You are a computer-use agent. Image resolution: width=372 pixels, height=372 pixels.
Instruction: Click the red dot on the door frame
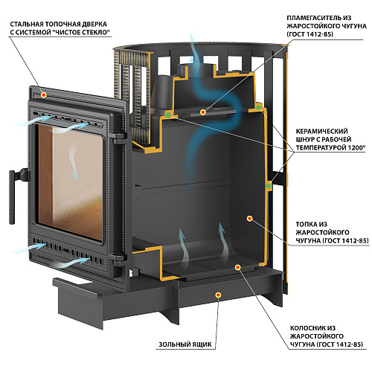coord(44,94)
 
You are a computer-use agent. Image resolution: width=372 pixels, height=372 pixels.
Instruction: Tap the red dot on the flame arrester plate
coord(203,112)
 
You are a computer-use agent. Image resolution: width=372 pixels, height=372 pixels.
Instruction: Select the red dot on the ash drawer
coord(218,295)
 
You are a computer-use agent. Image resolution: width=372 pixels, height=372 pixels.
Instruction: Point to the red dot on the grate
coord(238,267)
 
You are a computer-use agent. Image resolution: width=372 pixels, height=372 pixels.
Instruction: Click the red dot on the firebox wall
coord(250,219)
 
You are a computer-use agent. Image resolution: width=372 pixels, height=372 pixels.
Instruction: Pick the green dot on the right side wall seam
coord(269,186)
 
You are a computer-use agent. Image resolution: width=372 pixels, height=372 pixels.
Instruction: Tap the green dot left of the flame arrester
coord(168,115)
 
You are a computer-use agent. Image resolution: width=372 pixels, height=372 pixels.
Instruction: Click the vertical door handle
coord(12,197)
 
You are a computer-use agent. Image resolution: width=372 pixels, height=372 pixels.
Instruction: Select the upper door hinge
coord(120,137)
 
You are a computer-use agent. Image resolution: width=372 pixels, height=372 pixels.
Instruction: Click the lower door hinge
coord(118,258)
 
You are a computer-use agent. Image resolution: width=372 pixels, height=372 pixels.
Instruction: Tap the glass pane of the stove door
coord(70,182)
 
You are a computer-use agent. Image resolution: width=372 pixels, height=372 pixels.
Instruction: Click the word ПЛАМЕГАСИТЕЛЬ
coord(314,18)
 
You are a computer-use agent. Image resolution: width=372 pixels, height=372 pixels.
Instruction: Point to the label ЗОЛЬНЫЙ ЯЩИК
coord(185,344)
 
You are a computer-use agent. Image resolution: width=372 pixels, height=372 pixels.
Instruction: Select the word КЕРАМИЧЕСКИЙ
coord(321,131)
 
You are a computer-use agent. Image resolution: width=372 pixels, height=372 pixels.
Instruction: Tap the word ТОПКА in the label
coord(307,225)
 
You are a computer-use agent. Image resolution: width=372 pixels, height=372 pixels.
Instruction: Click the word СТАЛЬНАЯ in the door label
coord(27,25)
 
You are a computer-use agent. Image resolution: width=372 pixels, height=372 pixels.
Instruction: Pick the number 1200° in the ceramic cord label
coord(356,147)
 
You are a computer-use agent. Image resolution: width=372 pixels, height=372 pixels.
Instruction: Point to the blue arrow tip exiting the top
coord(191,35)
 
